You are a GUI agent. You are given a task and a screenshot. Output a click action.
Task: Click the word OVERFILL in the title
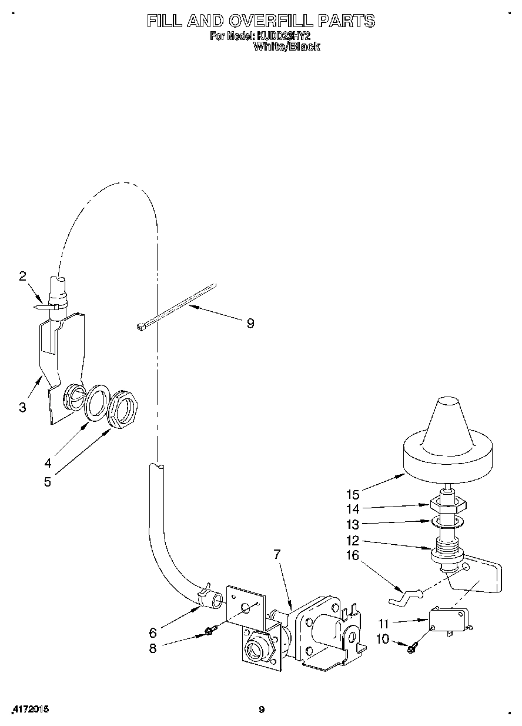coord(267,21)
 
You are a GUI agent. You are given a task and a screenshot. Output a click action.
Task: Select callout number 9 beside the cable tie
coord(250,323)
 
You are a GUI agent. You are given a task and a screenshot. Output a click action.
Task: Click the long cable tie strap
coord(176,306)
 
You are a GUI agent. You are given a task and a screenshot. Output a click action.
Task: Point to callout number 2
coord(22,276)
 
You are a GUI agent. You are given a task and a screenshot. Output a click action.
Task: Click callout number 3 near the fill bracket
coord(22,407)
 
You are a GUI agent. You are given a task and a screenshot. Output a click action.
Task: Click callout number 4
coord(48,462)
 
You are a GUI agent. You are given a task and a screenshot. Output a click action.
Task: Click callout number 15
coord(353,494)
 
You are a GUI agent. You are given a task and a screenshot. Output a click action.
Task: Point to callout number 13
coord(353,524)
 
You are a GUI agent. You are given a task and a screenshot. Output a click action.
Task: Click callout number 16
coord(353,555)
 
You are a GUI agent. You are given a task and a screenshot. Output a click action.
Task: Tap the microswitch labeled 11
coord(448,618)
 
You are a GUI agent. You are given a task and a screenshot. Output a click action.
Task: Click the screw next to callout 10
coord(411,647)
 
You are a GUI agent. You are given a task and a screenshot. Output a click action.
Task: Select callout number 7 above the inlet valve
coord(277,554)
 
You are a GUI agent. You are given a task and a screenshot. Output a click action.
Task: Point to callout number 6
coord(153,632)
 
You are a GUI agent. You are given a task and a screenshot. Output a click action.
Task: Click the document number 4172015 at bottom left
coord(29,710)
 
